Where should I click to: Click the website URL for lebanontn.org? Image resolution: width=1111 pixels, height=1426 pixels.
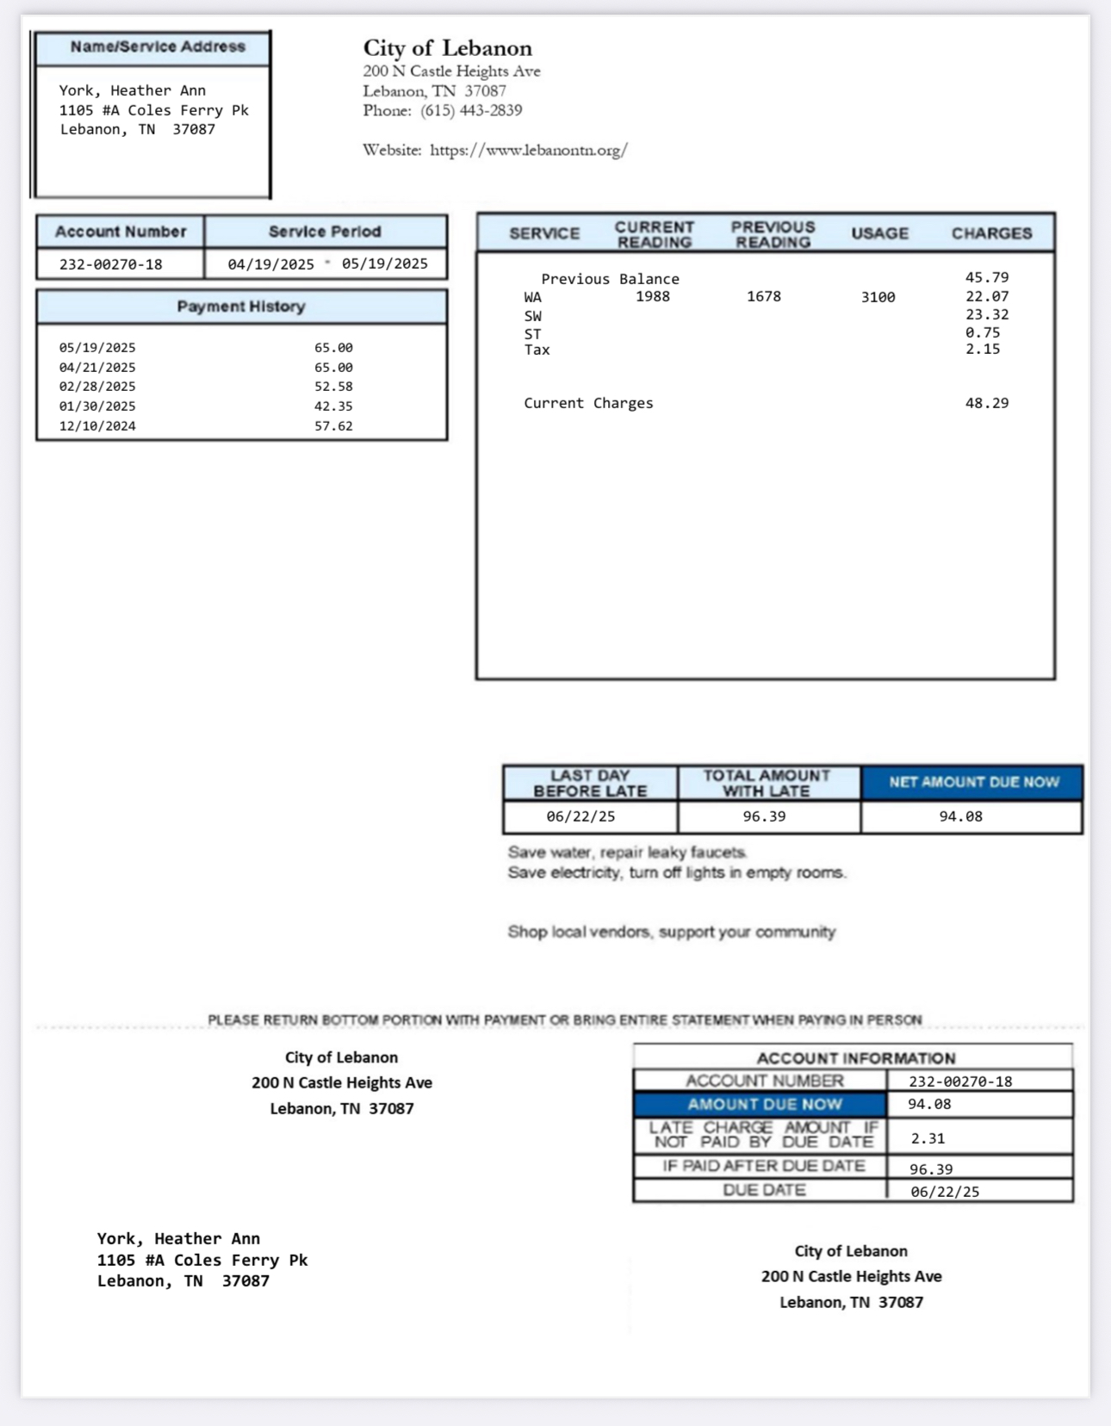528,151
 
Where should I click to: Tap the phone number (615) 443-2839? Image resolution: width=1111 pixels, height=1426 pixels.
471,111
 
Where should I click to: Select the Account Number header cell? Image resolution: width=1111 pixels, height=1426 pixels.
121,232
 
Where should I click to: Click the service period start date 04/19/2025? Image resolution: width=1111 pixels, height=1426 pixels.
270,264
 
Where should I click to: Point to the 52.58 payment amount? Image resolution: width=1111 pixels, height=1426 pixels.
333,387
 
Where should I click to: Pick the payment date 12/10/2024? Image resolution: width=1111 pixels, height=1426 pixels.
97,426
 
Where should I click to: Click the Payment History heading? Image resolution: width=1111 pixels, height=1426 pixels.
241,307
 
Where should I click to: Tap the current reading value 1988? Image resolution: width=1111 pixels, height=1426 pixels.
652,296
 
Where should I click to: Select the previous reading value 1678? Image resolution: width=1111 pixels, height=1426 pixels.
764,296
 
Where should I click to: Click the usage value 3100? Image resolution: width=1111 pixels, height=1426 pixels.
878,297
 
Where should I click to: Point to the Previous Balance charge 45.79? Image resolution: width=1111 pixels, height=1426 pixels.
986,277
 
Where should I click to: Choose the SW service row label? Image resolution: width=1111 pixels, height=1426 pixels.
533,316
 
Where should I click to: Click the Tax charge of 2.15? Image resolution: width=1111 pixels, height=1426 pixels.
983,349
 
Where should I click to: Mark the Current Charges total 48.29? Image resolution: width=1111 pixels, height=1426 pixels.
986,403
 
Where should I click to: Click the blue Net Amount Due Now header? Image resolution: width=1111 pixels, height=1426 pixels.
973,783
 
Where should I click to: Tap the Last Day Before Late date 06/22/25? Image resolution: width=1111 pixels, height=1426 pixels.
580,816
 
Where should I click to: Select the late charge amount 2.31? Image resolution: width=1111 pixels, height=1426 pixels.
928,1138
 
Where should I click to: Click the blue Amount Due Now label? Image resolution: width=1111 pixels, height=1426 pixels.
764,1105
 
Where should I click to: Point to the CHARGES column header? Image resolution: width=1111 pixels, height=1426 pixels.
991,233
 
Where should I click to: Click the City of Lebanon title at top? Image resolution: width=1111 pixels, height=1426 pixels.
447,48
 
